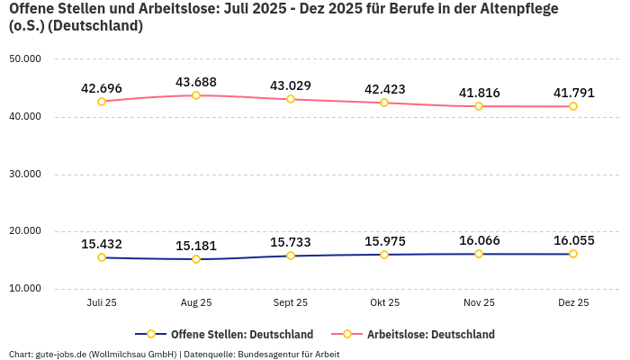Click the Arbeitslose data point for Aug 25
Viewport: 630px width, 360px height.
pyautogui.click(x=196, y=95)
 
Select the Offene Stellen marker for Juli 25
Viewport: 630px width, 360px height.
pyautogui.click(x=102, y=257)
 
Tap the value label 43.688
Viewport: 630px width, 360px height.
pyautogui.click(x=196, y=82)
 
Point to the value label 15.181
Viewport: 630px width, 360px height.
pyautogui.click(x=196, y=246)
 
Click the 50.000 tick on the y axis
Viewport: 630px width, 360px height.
pyautogui.click(x=25, y=59)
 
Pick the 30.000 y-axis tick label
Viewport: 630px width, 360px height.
pyautogui.click(x=25, y=174)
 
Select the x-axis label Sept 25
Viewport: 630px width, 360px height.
pyautogui.click(x=291, y=303)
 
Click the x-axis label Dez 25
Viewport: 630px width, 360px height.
pyautogui.click(x=573, y=303)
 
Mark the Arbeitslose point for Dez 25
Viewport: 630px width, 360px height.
pyautogui.click(x=573, y=106)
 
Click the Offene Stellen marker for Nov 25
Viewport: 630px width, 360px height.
pyautogui.click(x=479, y=254)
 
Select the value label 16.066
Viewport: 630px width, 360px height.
pyautogui.click(x=479, y=240)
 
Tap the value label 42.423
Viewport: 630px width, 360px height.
pyautogui.click(x=384, y=89)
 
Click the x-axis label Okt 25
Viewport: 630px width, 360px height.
pyautogui.click(x=384, y=303)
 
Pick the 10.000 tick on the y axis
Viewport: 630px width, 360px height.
pyautogui.click(x=25, y=289)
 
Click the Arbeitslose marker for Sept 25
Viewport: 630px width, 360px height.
pyautogui.click(x=291, y=99)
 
